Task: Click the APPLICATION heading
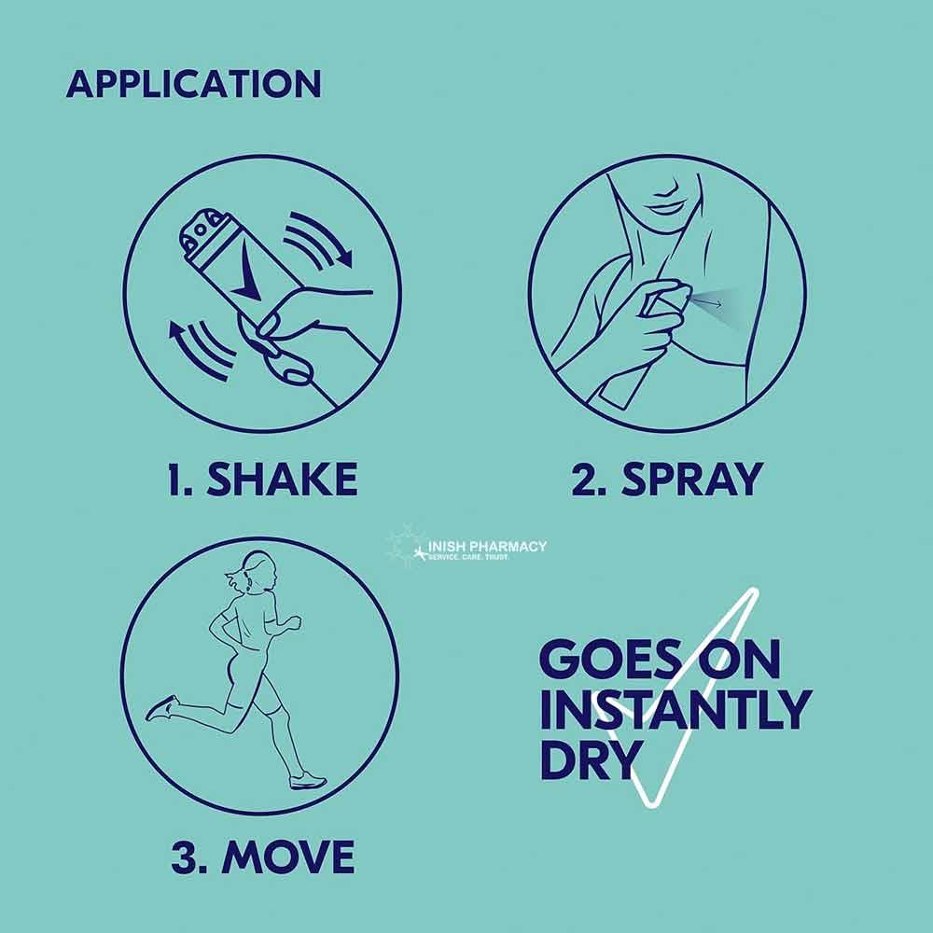click(194, 84)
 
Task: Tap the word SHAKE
click(282, 479)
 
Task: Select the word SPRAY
click(692, 479)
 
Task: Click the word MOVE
click(288, 856)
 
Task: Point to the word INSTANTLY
click(675, 709)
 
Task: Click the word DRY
click(589, 759)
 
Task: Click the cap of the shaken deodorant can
click(202, 232)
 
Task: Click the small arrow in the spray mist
click(707, 303)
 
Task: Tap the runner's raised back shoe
click(161, 708)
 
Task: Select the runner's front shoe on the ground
click(308, 780)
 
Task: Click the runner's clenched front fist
click(292, 624)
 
